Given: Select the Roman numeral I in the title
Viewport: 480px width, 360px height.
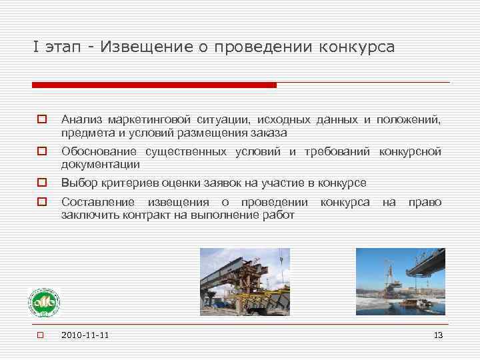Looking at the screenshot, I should (35, 47).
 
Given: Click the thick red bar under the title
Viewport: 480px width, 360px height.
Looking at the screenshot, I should (154, 85).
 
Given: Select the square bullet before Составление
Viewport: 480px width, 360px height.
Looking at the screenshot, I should (41, 202).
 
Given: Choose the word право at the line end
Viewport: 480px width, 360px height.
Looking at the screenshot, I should (425, 202).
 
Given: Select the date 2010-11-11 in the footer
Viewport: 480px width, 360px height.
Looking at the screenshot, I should (85, 335).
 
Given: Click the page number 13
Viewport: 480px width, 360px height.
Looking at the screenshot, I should (437, 335).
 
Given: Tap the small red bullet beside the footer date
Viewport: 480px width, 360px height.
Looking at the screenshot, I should (40, 335).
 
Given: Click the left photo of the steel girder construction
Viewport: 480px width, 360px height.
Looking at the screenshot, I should (245, 281).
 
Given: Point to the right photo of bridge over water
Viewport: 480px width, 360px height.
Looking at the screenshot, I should (400, 281).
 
